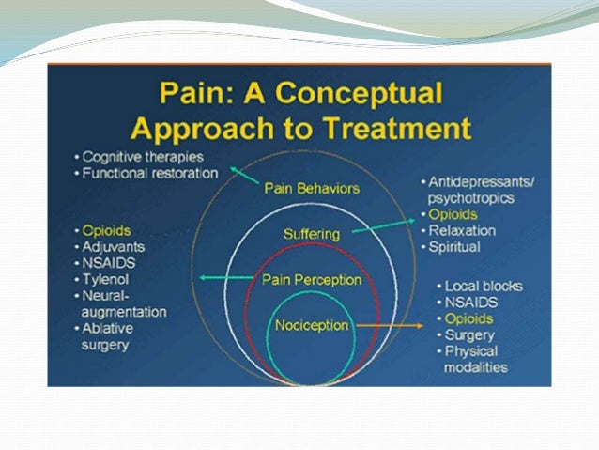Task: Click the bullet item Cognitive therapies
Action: (x=142, y=156)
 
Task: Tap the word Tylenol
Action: (x=106, y=279)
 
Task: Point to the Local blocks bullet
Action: (x=484, y=285)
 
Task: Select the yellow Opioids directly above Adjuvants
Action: (x=106, y=229)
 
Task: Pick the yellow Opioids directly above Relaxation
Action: (x=453, y=214)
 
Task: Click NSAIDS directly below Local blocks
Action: (x=472, y=302)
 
